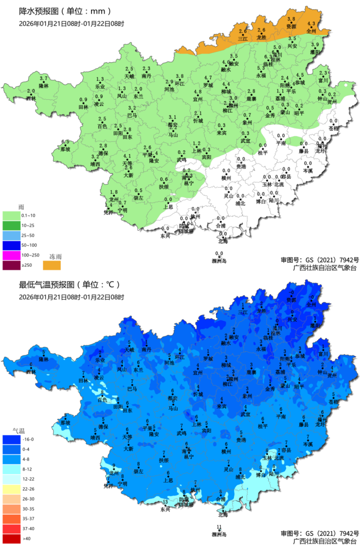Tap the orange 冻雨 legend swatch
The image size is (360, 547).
coord(51,265)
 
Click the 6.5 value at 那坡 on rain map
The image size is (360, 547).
coord(65,142)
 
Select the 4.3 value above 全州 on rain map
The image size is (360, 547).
coord(311,24)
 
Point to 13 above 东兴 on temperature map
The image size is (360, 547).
coord(165,502)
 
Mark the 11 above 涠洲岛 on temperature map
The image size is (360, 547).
coord(219,527)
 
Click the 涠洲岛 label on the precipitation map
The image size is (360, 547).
coord(219,261)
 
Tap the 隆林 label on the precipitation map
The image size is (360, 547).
coord(44,85)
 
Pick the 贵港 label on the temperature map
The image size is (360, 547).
coord(241,440)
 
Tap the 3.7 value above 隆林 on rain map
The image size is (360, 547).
coord(44,78)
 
